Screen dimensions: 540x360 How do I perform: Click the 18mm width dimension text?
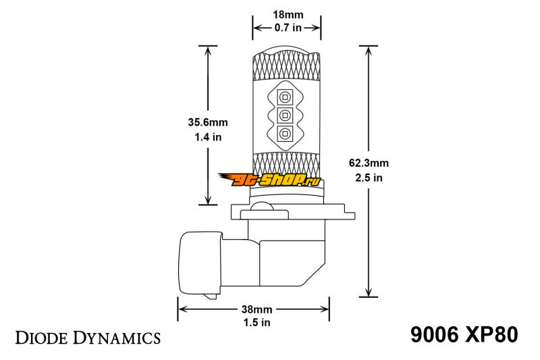(x=288, y=15)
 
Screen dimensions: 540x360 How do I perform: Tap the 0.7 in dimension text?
(x=288, y=28)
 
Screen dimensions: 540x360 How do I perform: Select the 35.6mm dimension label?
(x=208, y=122)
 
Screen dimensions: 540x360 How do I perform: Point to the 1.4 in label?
(x=208, y=137)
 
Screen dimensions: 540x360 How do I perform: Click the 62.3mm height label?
(x=369, y=163)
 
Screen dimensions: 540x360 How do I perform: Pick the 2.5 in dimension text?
(x=369, y=178)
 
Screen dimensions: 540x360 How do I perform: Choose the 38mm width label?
(x=257, y=309)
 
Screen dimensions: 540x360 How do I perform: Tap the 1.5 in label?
(x=257, y=322)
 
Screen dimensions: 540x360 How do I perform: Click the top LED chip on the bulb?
(x=285, y=97)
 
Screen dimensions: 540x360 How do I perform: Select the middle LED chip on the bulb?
(x=285, y=115)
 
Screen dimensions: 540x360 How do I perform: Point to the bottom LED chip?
(x=285, y=133)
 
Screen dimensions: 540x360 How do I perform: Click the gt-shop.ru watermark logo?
(x=269, y=180)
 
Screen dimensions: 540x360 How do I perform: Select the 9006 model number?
(x=434, y=334)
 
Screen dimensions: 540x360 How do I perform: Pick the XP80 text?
(x=491, y=334)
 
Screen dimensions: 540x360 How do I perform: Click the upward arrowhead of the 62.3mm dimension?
(x=369, y=51)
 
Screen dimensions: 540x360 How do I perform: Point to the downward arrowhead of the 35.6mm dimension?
(x=208, y=200)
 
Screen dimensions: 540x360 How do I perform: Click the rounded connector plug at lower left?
(x=200, y=265)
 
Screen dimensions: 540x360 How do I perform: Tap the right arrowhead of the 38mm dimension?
(x=325, y=309)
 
